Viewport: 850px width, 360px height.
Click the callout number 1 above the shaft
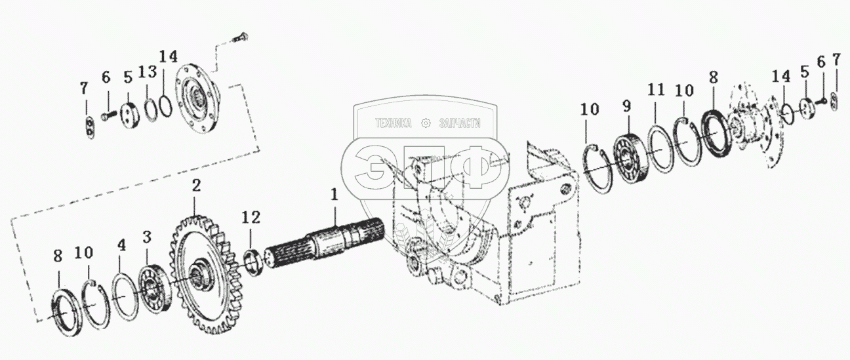pyautogui.click(x=334, y=195)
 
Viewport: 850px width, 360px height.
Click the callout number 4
pyautogui.click(x=120, y=246)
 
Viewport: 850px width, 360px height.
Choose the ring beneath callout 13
pyautogui.click(x=151, y=108)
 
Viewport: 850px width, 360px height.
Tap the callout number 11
pyautogui.click(x=657, y=90)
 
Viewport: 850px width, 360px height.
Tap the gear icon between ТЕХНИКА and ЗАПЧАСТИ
pyautogui.click(x=426, y=123)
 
